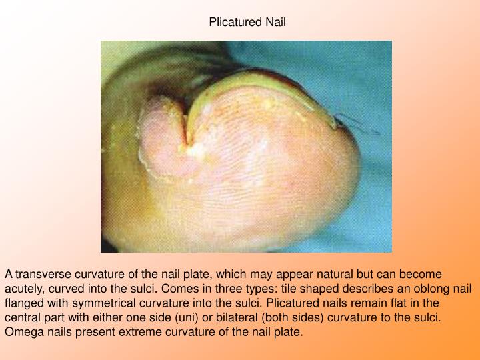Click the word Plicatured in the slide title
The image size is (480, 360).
pos(233,22)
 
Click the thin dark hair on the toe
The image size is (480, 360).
pos(346,119)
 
